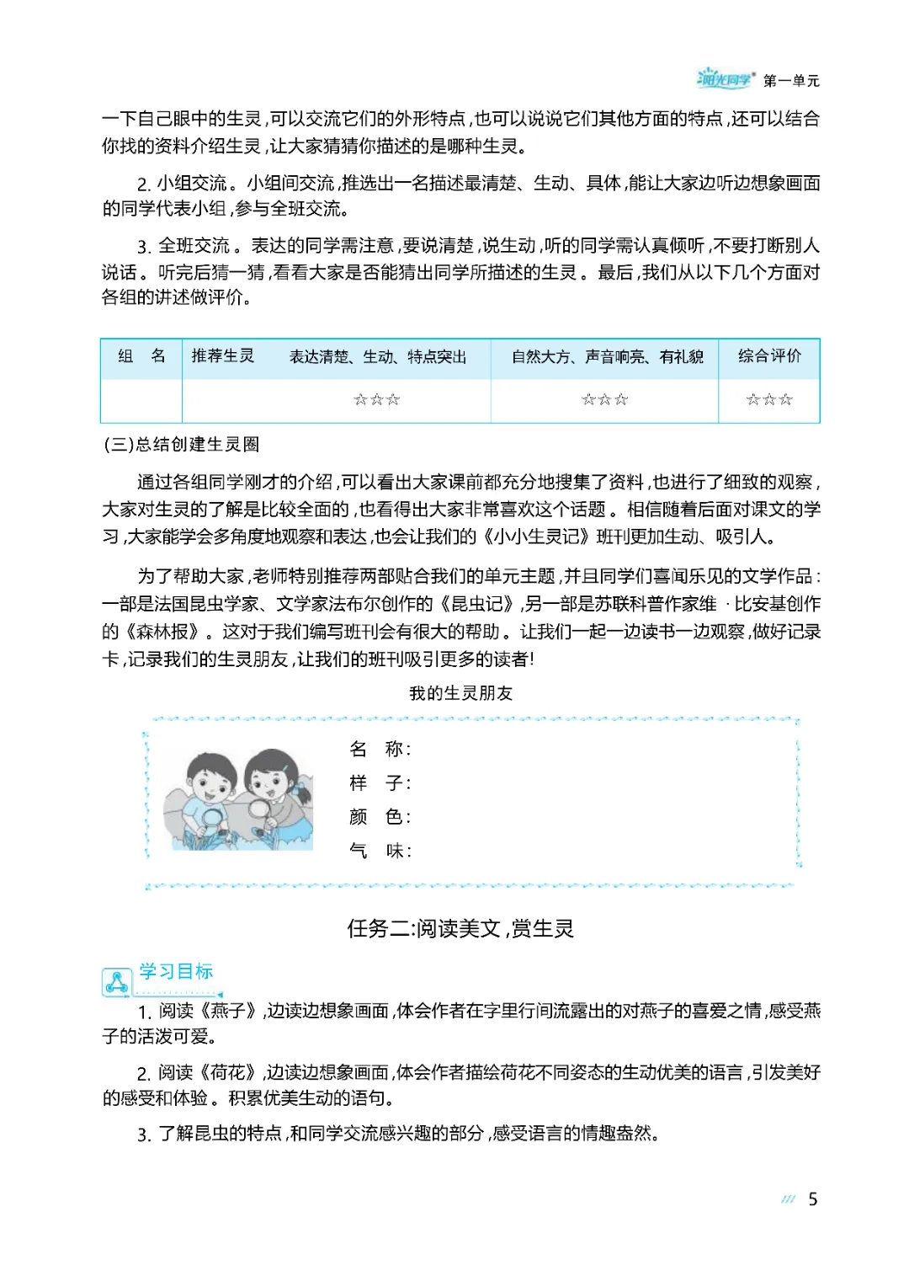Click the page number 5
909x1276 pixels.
(812, 1199)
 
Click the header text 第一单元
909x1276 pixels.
(791, 81)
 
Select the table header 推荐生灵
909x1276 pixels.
(223, 356)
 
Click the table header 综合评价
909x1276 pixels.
(769, 356)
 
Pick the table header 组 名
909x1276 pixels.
(141, 356)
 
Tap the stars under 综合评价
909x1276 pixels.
(769, 399)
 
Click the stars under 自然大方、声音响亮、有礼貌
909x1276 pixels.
(604, 399)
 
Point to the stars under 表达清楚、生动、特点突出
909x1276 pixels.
(376, 399)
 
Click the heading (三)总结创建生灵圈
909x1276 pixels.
(181, 444)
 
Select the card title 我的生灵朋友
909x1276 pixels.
(460, 693)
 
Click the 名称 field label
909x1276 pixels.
(380, 749)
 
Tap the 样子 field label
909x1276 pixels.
(380, 783)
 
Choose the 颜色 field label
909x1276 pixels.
(380, 817)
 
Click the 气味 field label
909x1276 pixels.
(380, 851)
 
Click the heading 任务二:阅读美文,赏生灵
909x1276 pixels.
(460, 928)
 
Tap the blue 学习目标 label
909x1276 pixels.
(176, 971)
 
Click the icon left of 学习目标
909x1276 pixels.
(116, 981)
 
